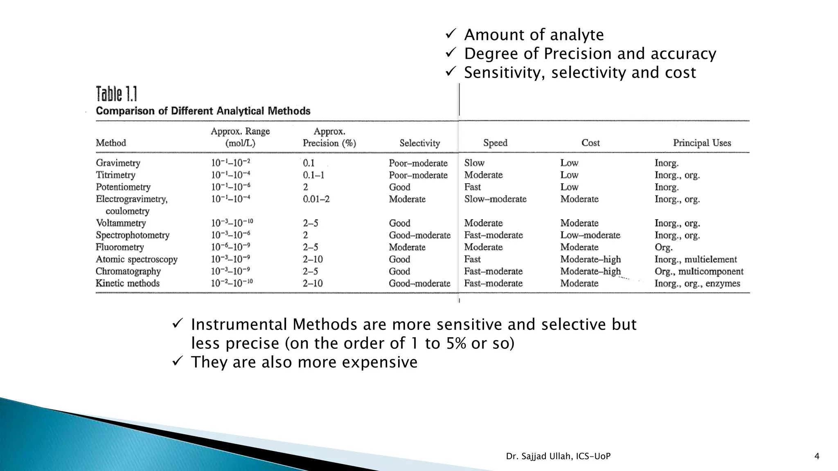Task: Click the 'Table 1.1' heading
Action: pos(116,94)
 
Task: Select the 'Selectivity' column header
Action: pos(419,143)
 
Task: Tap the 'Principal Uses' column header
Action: pos(702,143)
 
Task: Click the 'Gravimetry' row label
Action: pos(118,163)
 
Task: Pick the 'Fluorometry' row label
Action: pos(119,247)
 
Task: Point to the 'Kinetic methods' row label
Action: pos(127,283)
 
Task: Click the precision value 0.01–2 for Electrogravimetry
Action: pos(316,199)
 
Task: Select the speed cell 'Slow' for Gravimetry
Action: pos(474,163)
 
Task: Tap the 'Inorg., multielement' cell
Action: pos(695,259)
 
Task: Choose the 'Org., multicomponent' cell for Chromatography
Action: pos(698,271)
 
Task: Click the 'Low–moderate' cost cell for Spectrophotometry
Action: pos(590,235)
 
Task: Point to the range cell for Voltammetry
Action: pos(232,223)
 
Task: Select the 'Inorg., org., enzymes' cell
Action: pos(697,283)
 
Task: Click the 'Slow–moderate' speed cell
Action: pos(495,199)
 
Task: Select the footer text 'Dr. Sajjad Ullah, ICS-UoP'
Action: pos(558,456)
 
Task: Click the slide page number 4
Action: pos(817,456)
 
